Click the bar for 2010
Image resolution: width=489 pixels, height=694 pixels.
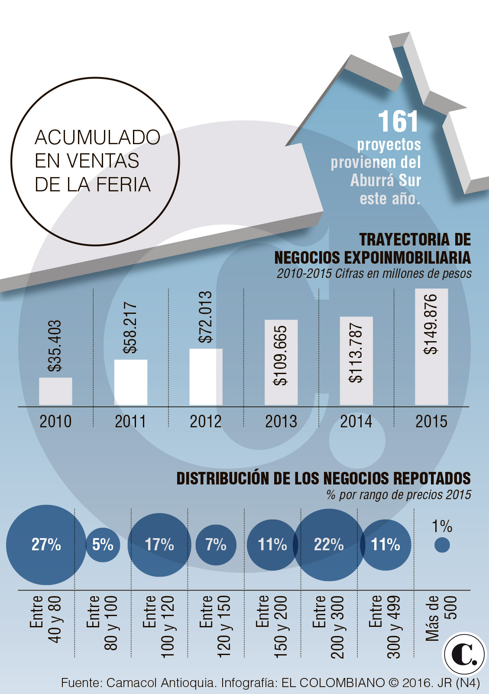point(55,391)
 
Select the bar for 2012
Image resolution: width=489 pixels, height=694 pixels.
point(206,377)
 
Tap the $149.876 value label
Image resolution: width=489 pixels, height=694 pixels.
point(431,324)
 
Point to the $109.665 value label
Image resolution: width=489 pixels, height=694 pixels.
point(281,355)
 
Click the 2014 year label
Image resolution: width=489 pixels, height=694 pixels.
point(356,421)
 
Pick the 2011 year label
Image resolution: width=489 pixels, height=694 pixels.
point(130,421)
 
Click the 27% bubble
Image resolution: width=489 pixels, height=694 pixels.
point(46,545)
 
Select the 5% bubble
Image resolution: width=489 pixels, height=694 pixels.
point(103,545)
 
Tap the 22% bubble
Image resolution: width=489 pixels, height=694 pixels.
point(329,545)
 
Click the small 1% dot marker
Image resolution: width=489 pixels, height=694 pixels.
point(442,545)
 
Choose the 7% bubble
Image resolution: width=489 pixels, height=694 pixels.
point(216,545)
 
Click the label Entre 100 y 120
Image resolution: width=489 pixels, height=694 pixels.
point(159,626)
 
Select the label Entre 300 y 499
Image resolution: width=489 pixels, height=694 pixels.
point(385,626)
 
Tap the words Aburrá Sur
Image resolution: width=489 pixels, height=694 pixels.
point(385,180)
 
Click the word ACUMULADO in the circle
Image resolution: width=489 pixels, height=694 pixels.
point(97,138)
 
